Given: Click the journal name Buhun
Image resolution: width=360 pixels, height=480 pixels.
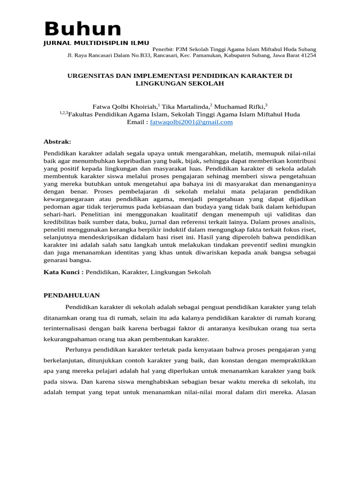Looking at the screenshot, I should coord(82,29).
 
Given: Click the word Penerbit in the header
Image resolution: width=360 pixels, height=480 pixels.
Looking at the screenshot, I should coord(164,49).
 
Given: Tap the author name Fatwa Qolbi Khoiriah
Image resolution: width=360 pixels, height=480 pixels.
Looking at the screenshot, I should coord(122,107).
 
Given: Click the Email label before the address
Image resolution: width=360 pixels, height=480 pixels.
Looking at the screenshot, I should coord(136,122).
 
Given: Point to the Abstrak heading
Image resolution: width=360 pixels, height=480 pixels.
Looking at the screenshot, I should coord(57,142).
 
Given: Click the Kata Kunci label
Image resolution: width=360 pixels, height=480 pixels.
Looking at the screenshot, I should coord(63,272).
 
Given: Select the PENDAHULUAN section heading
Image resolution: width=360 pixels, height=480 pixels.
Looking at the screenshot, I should coord(72,295).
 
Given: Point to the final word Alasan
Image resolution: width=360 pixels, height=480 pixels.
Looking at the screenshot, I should coord(306,392).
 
